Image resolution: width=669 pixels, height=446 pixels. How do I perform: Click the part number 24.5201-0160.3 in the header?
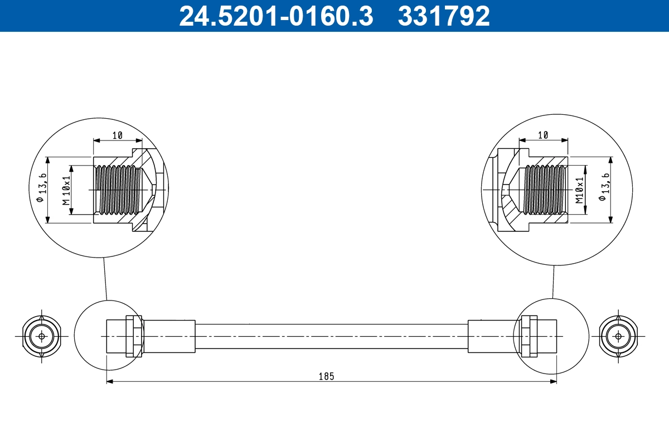coord(275,16)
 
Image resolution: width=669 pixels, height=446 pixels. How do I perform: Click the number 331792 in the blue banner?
coord(443,16)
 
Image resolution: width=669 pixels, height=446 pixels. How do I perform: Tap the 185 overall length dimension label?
coord(327,376)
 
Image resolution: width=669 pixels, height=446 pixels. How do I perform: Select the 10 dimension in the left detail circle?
coord(117,135)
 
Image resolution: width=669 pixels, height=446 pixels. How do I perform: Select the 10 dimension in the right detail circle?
coord(544,135)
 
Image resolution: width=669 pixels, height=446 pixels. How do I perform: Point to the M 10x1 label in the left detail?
coord(66,190)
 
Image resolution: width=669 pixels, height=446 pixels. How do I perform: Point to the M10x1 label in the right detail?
coord(579,190)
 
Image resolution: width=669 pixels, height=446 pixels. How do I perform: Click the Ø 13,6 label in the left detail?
coord(41,190)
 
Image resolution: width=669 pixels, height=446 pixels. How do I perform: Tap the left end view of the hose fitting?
coord(41,337)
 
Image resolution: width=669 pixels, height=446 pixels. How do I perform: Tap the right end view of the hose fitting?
coord(617,337)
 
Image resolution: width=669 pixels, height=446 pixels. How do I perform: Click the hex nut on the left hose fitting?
coord(134,336)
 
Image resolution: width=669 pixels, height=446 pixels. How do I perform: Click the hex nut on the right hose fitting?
coord(528,336)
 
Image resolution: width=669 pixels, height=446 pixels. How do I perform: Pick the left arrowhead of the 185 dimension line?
coord(110,381)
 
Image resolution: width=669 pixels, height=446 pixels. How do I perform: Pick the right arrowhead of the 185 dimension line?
coord(554,381)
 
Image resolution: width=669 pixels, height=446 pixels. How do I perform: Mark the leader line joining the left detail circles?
coord(104,279)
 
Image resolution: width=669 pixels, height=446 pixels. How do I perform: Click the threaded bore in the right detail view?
coord(545,190)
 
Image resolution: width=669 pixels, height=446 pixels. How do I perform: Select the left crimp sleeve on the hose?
coord(169,336)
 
